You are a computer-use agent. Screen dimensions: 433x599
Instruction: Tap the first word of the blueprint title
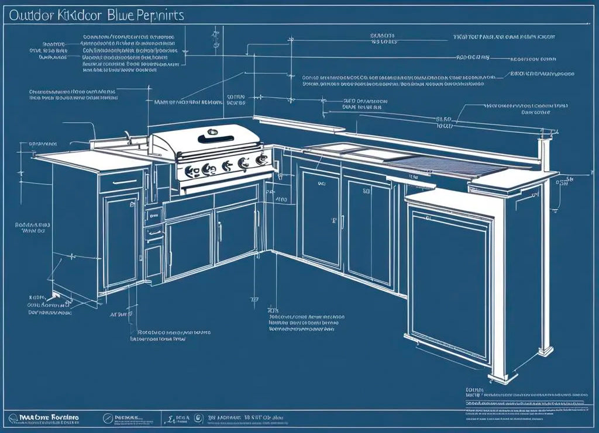coord(28,15)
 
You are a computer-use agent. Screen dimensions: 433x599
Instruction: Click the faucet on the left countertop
coord(127,138)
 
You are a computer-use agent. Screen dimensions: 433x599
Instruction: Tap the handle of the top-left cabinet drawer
coord(121,182)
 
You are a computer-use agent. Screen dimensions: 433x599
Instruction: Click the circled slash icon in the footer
coord(106,418)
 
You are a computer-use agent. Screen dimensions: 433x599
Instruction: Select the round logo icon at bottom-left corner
coord(13,418)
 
